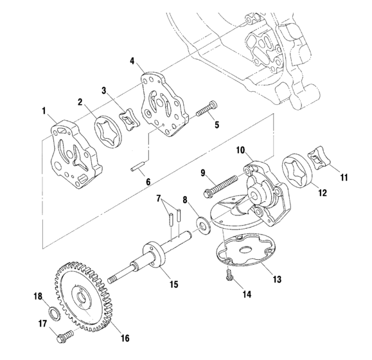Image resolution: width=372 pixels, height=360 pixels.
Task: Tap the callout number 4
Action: [x=132, y=62]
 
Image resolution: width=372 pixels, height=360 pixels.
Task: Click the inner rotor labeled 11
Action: [x=318, y=157]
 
